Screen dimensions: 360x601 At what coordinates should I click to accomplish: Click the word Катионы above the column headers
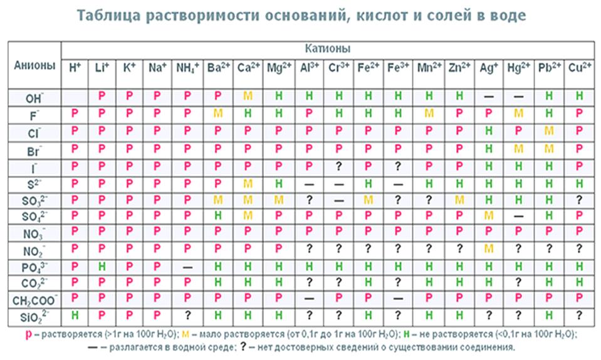click(328, 48)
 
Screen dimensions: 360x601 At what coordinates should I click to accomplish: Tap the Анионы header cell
click(34, 66)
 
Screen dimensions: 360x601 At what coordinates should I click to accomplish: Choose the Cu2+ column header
click(580, 67)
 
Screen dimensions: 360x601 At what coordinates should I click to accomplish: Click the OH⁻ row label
click(34, 97)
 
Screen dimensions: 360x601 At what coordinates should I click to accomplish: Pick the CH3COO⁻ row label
click(34, 297)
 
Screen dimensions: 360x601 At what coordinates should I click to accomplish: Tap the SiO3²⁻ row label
click(34, 315)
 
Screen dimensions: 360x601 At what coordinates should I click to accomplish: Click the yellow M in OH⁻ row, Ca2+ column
click(248, 97)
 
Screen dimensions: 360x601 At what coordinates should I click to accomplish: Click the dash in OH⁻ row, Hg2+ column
click(518, 97)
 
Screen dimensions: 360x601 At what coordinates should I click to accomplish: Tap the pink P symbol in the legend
click(28, 334)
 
